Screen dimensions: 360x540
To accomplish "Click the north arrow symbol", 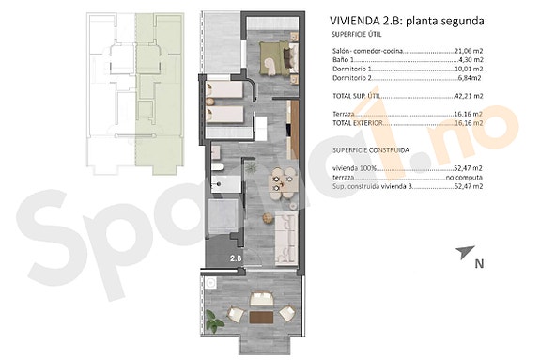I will [462, 252].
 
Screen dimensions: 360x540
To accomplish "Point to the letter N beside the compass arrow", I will [479, 264].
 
